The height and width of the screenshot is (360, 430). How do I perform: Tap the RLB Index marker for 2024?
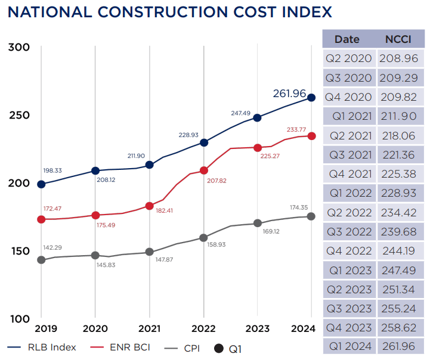[x=311, y=98]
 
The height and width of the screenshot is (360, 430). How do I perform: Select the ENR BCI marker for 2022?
[x=204, y=170]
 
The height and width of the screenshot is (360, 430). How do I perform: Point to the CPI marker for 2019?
[x=41, y=260]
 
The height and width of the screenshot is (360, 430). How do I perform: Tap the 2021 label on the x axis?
[x=150, y=328]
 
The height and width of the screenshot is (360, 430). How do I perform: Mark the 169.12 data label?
[x=272, y=231]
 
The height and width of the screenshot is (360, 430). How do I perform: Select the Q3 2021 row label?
[x=348, y=155]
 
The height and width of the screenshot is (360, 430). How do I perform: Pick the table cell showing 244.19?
[x=401, y=251]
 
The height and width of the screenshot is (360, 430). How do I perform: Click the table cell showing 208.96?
[x=401, y=58]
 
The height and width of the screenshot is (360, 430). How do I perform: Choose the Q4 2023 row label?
[x=348, y=327]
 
